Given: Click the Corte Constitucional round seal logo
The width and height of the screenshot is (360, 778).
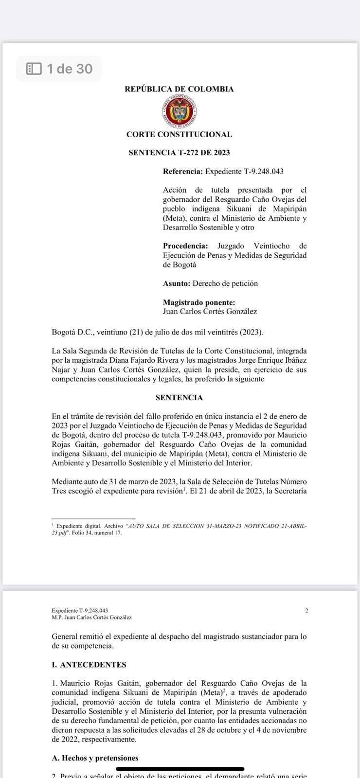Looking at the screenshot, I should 180,111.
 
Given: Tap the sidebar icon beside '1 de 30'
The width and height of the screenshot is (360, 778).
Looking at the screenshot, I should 34,69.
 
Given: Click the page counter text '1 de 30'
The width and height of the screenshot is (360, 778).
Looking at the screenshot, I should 70,69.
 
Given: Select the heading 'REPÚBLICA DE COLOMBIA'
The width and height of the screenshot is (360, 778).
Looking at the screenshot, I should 179,89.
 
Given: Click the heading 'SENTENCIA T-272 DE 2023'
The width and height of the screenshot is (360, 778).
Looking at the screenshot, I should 179,153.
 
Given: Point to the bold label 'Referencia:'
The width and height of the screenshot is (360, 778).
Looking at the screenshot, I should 182,172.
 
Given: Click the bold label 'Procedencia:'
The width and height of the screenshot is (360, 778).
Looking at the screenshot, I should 185,246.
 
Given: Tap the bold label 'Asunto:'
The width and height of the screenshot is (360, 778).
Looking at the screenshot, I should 177,283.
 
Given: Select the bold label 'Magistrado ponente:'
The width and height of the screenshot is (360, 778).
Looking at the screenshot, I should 199,302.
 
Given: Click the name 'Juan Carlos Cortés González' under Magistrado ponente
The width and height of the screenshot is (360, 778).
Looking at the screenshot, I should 210,312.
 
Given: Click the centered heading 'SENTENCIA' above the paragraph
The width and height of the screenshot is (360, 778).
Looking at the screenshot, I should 179,398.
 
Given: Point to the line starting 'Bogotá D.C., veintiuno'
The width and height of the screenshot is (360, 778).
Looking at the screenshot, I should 157,333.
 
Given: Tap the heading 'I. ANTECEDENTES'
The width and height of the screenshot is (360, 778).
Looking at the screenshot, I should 89,665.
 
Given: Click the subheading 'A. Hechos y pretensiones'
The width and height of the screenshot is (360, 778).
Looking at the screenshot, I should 95,758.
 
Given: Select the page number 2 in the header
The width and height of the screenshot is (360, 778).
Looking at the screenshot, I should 306,611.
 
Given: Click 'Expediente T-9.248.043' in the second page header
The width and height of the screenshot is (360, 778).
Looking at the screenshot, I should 80,611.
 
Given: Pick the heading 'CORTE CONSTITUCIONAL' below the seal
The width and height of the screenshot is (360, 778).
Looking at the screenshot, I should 179,134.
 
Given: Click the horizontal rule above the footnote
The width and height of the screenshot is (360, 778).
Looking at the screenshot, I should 93,519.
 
